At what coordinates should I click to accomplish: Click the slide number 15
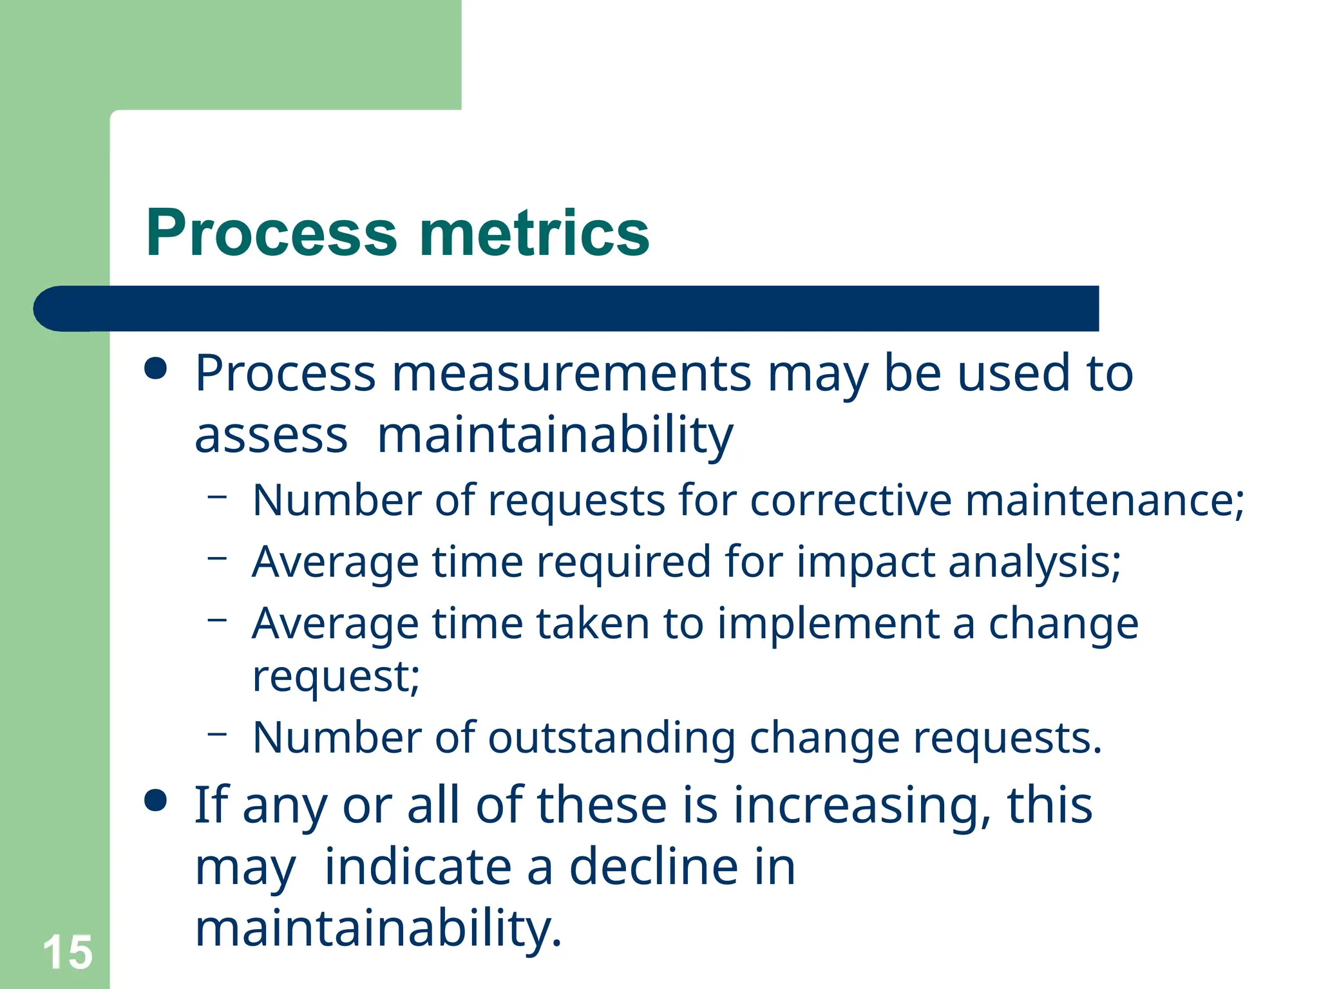pos(68,952)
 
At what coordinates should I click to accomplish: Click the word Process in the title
pos(271,233)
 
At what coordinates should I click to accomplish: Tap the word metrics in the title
pos(534,233)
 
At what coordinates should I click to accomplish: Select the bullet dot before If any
pos(156,801)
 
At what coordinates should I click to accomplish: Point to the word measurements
pos(571,374)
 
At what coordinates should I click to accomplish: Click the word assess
pos(271,436)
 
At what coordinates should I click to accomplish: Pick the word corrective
pos(850,500)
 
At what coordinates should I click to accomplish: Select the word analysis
pos(1034,562)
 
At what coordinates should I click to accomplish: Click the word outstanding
pos(611,738)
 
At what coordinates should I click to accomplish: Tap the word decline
pos(654,867)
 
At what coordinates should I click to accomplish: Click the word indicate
pos(418,867)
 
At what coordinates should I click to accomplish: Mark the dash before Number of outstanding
pos(218,732)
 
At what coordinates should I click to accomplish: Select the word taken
pos(593,624)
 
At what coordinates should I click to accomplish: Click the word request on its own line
pos(336,677)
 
